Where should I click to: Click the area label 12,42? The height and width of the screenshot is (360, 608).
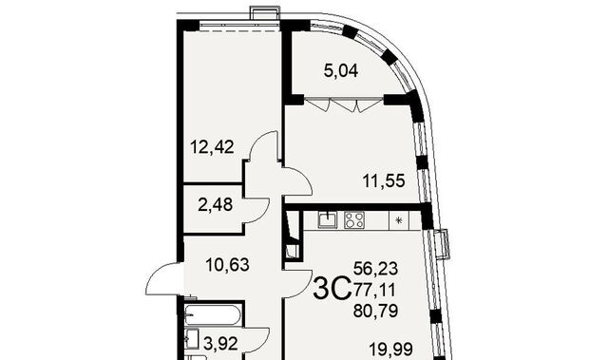(x=212, y=147)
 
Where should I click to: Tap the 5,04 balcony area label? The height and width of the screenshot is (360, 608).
(x=341, y=71)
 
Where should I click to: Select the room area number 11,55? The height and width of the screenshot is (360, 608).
(x=384, y=180)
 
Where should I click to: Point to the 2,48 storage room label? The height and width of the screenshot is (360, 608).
(x=216, y=204)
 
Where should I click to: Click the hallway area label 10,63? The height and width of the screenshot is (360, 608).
(x=227, y=265)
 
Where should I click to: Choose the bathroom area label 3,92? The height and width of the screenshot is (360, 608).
(x=220, y=344)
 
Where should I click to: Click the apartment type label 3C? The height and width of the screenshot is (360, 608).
(x=332, y=289)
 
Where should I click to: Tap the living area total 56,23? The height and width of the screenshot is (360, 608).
(x=376, y=268)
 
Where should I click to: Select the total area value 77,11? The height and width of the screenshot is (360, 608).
(x=374, y=289)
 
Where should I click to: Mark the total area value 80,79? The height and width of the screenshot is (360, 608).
(x=376, y=311)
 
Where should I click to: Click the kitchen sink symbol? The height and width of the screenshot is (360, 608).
(x=328, y=219)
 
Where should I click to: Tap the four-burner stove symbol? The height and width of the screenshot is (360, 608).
(x=354, y=220)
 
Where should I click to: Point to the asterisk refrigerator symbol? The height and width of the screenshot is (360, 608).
(x=399, y=220)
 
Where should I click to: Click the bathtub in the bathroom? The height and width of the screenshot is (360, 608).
(x=213, y=315)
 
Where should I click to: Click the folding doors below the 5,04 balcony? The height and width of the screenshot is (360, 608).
(x=342, y=104)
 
